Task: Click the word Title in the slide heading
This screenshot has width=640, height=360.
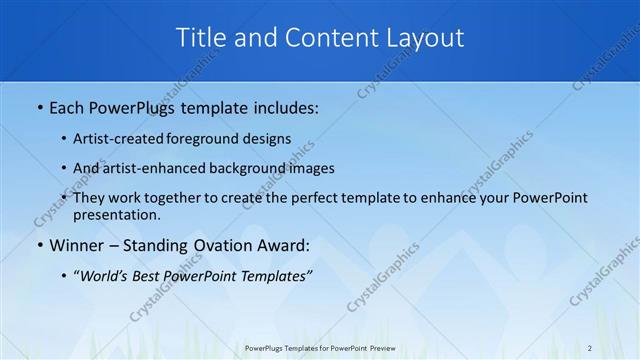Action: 200,38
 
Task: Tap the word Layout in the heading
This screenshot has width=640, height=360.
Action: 424,38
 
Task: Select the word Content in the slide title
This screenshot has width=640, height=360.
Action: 325,38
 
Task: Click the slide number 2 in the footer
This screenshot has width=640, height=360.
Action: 590,348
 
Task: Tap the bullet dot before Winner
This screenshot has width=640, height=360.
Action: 39,245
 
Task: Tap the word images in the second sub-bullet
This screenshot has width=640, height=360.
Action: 312,168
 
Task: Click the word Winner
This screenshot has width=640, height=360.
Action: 76,245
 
